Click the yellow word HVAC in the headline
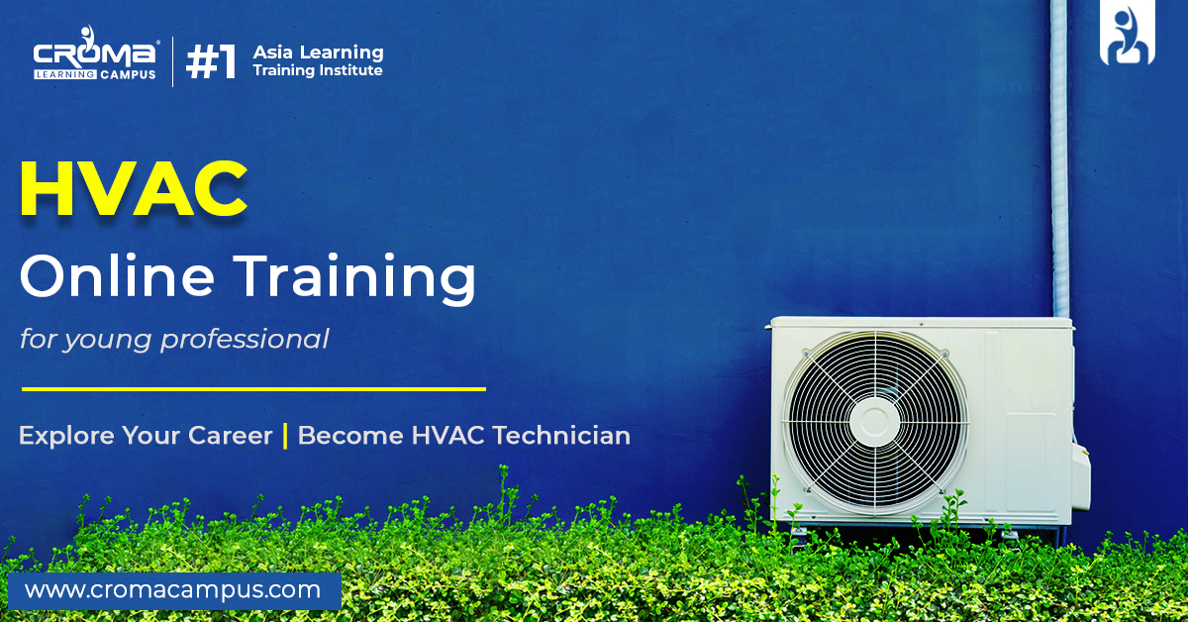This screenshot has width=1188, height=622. pyautogui.click(x=134, y=188)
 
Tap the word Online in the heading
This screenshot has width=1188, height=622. pyautogui.click(x=117, y=275)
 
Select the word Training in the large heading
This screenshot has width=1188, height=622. pyautogui.click(x=354, y=278)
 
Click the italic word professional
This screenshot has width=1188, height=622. pyautogui.click(x=246, y=340)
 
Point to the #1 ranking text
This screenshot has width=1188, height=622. pyautogui.click(x=211, y=61)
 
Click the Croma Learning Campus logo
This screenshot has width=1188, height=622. pyautogui.click(x=95, y=53)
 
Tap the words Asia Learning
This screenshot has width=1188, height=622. pyautogui.click(x=318, y=52)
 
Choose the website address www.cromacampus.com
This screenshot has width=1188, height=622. pyautogui.click(x=172, y=590)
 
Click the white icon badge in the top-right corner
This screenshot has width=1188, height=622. pyautogui.click(x=1127, y=33)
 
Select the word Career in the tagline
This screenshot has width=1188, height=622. pyautogui.click(x=230, y=435)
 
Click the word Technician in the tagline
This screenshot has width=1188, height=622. pyautogui.click(x=561, y=435)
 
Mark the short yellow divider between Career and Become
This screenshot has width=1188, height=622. pyautogui.click(x=285, y=436)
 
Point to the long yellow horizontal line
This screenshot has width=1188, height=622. pyautogui.click(x=253, y=389)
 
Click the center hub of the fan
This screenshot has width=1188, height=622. pyautogui.click(x=874, y=422)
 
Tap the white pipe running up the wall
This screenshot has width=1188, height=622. pyautogui.click(x=1059, y=158)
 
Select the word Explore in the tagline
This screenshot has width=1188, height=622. pyautogui.click(x=67, y=436)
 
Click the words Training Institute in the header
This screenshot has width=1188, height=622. pyautogui.click(x=318, y=70)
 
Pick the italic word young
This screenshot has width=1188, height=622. pyautogui.click(x=108, y=341)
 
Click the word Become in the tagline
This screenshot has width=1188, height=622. pyautogui.click(x=350, y=435)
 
